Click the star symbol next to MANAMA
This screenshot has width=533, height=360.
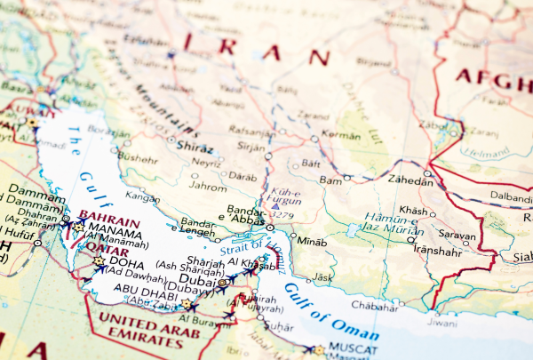pyautogui.click(x=77, y=228)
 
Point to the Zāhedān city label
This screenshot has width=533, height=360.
pyautogui.click(x=412, y=180)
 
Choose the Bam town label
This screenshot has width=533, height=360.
pyautogui.click(x=330, y=180)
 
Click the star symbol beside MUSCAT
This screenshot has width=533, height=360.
pyautogui.click(x=318, y=350)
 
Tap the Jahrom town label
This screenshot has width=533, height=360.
pyautogui.click(x=209, y=188)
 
